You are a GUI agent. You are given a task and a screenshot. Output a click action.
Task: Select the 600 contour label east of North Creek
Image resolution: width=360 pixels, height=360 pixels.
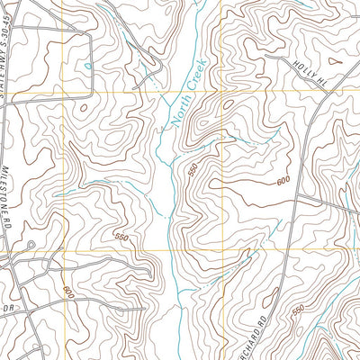(x=283, y=181)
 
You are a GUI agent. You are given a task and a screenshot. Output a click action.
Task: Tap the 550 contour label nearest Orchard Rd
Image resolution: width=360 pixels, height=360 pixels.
(x=298, y=310)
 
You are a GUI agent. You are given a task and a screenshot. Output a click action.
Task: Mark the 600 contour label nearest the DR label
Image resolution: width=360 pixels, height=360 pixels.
(x=68, y=292)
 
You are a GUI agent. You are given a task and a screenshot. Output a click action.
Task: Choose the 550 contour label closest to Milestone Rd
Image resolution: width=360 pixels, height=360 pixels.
(x=121, y=237)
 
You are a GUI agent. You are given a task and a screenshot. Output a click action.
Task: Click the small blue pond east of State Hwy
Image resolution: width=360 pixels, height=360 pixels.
(x=87, y=66)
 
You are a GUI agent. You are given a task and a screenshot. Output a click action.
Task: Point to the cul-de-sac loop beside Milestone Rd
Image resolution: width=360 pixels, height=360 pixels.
(x=30, y=246)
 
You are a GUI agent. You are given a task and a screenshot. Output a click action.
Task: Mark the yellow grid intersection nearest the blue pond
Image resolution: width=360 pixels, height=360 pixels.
(x=63, y=93)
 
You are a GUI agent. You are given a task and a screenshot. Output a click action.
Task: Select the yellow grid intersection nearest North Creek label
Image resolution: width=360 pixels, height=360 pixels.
(x=216, y=93)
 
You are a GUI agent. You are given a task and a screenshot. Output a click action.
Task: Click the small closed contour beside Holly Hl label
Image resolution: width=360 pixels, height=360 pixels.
(x=335, y=63)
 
